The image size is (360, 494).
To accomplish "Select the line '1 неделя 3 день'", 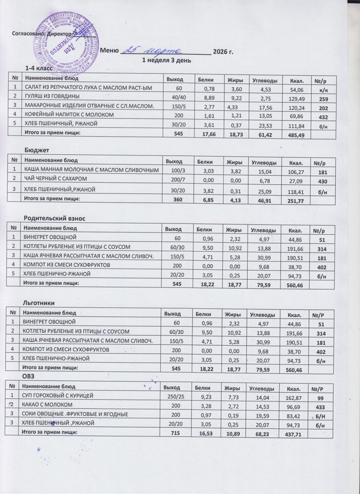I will click(x=166, y=60).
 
